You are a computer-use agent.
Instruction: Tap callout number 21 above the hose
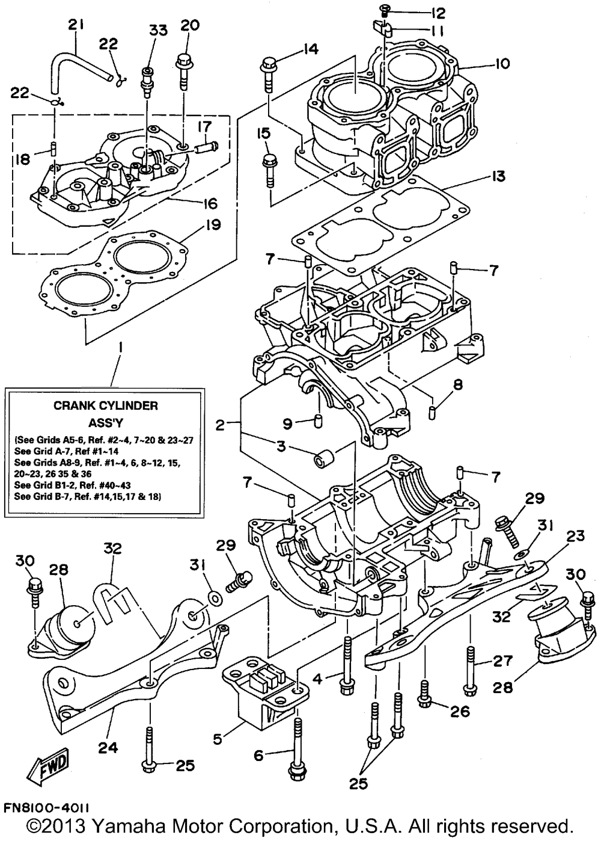click(x=76, y=25)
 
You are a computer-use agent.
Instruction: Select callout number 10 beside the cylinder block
click(x=502, y=63)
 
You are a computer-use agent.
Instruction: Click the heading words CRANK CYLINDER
click(x=105, y=405)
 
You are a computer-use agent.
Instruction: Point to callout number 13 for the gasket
click(x=498, y=176)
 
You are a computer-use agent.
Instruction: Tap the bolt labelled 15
click(x=268, y=167)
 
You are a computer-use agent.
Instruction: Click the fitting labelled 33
click(x=145, y=82)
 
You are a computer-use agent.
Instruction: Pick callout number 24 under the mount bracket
click(x=108, y=748)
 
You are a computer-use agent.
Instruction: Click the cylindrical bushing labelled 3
click(x=320, y=460)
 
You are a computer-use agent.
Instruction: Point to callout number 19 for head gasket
click(x=213, y=225)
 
